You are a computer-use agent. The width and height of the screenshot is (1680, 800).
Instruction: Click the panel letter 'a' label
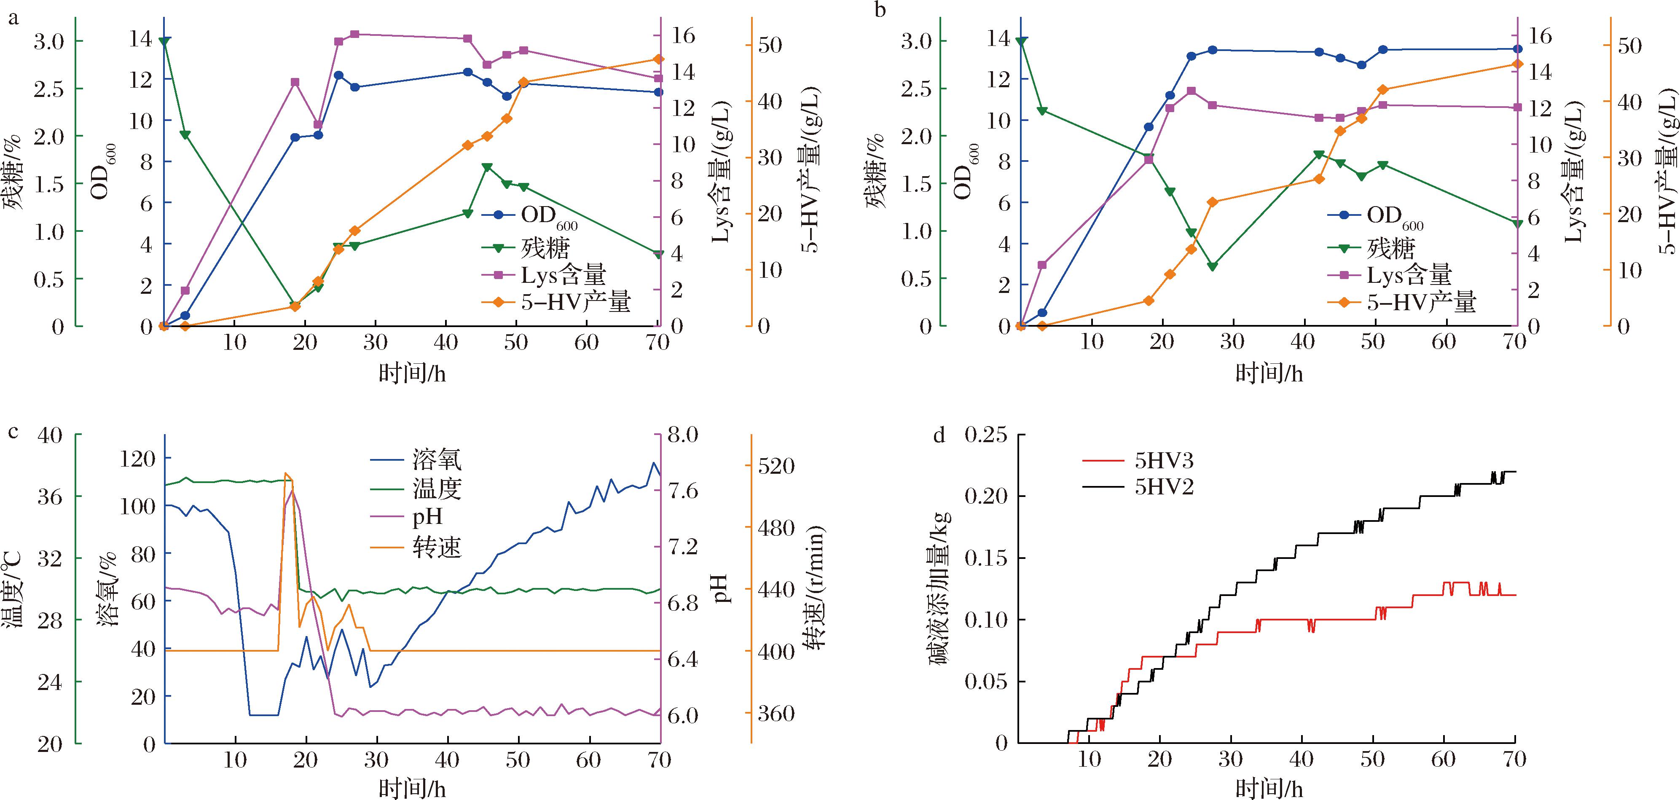(13, 18)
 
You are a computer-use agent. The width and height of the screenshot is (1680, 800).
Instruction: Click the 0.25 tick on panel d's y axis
(985, 435)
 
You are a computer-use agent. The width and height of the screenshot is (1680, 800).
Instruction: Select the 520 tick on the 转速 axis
(776, 466)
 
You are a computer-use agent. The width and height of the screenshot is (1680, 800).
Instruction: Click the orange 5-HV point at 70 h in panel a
(658, 59)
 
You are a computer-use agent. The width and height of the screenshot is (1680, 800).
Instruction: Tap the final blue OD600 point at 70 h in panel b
(1517, 49)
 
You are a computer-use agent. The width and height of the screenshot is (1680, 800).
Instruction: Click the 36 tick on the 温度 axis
(50, 497)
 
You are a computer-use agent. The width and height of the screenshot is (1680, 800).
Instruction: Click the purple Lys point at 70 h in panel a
(658, 78)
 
